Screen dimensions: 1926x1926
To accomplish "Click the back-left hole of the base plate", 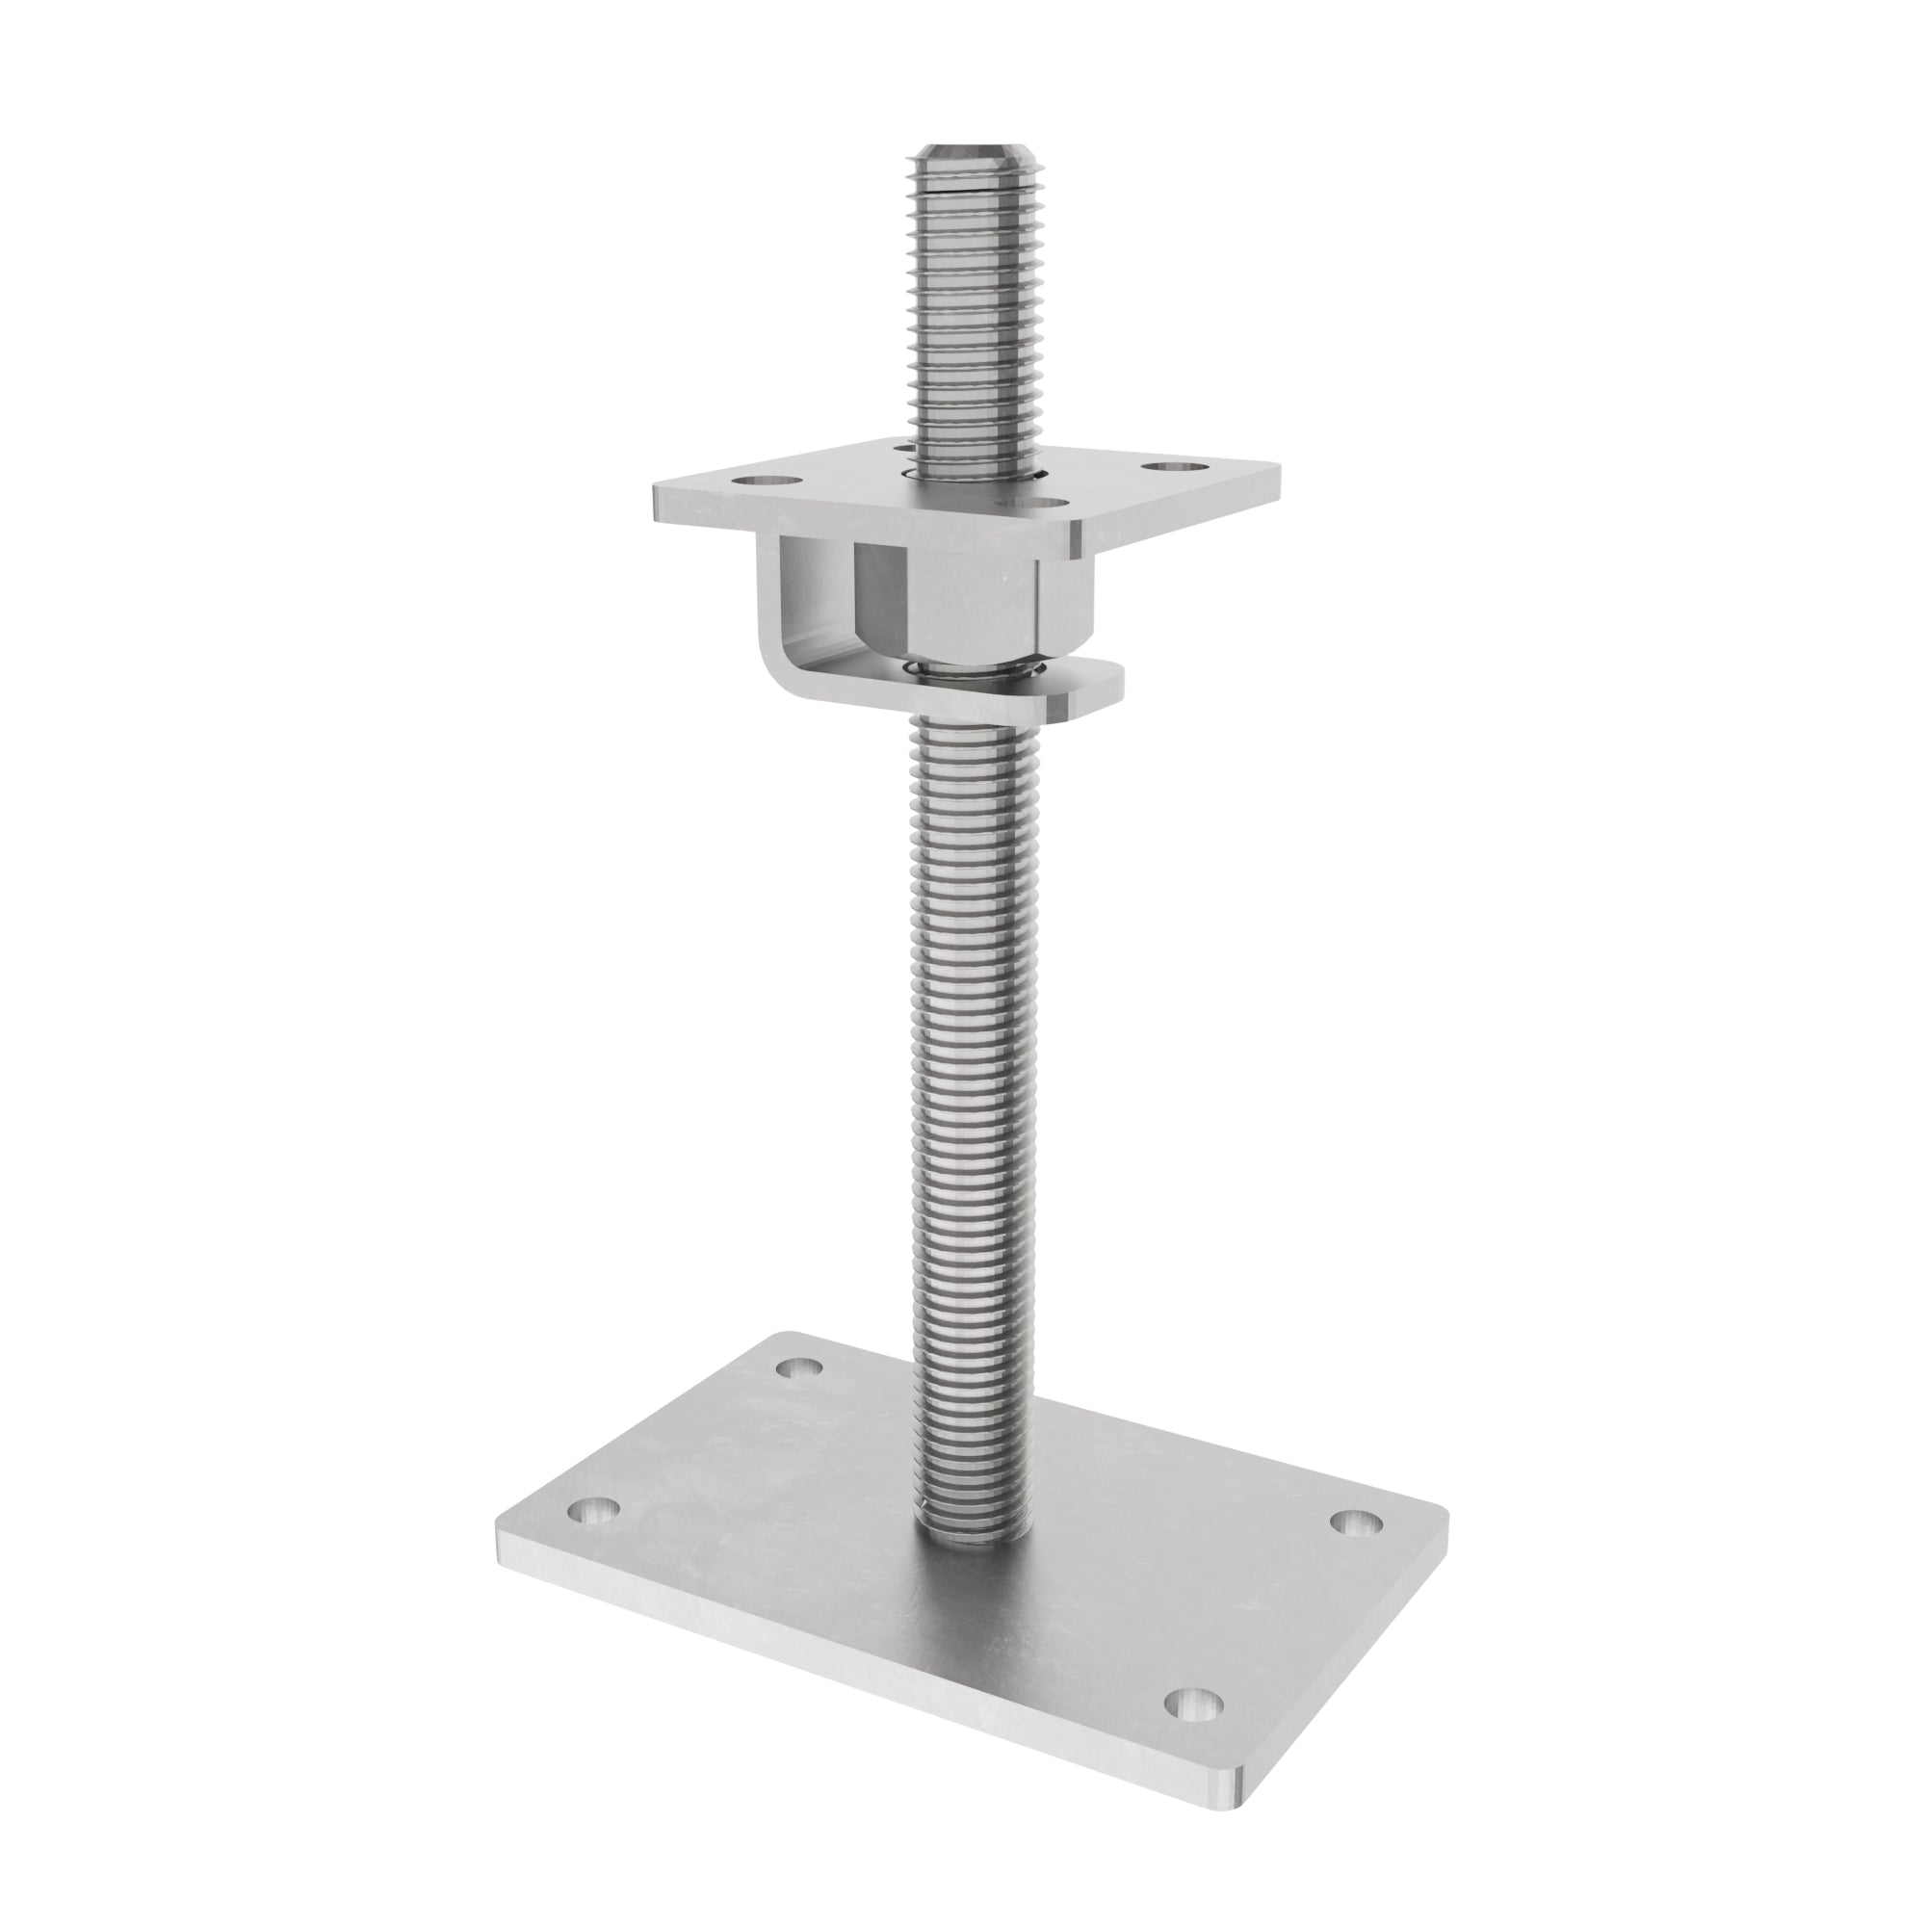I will [x=800, y=1367].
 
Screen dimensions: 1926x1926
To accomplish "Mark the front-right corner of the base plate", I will [x=1237, y=1852].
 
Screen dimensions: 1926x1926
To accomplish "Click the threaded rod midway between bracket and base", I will [x=966, y=1097].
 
